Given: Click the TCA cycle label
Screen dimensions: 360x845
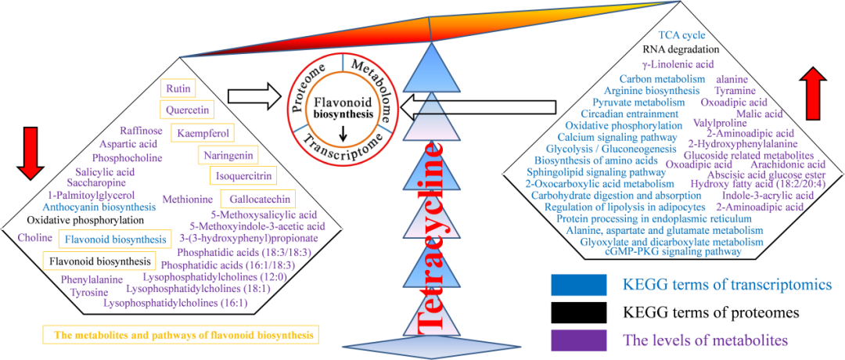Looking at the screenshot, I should pyautogui.click(x=681, y=35).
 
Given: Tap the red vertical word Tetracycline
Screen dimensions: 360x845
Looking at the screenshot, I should pyautogui.click(x=432, y=235).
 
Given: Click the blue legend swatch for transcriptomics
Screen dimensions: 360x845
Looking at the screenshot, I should pyautogui.click(x=579, y=286).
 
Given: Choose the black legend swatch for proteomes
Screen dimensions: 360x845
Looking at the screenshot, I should pyautogui.click(x=579, y=313).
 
